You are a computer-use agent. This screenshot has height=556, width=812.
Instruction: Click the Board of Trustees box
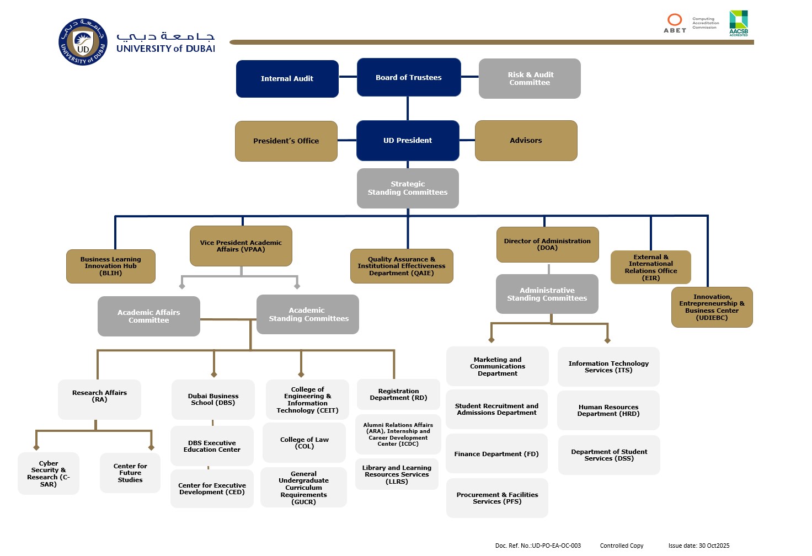[409, 77]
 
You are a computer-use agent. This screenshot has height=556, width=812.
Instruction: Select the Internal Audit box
[287, 79]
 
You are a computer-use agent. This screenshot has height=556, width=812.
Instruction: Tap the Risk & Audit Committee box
[530, 78]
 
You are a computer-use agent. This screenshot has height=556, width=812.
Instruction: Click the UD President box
[408, 141]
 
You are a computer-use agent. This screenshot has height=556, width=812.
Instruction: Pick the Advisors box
[526, 141]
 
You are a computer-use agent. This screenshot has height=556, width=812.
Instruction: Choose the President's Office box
[286, 141]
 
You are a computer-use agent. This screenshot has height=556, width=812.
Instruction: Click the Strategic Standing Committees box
[408, 188]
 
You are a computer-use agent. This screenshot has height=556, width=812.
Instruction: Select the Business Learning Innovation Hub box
[110, 266]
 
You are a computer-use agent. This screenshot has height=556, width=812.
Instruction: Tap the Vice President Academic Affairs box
[241, 246]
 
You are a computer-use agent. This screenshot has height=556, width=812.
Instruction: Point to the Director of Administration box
[547, 244]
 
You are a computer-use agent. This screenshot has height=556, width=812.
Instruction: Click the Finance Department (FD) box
[496, 454]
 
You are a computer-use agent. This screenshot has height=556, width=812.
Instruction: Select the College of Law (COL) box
[304, 443]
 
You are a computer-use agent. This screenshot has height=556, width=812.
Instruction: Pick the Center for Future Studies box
[130, 473]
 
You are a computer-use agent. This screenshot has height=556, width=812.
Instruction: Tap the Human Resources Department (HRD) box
[608, 410]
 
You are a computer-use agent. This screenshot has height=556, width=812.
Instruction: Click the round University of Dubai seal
[83, 42]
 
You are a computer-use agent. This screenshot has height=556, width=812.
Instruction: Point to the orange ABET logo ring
[675, 20]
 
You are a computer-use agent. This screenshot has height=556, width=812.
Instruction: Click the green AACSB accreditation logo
[739, 23]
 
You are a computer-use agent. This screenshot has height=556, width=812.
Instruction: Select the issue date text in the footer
[698, 546]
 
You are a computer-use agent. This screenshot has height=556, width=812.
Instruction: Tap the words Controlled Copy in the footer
[622, 546]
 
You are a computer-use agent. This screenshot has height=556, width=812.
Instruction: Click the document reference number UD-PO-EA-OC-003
[556, 546]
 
